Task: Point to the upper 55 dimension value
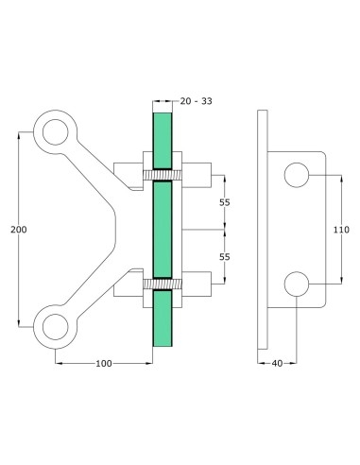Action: tap(225, 201)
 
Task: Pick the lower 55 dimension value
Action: tap(225, 256)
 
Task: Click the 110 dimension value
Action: tap(341, 229)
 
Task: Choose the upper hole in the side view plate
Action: tap(297, 175)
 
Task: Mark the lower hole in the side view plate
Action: tap(297, 283)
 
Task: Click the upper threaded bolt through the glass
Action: tap(162, 175)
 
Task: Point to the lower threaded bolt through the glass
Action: tap(162, 283)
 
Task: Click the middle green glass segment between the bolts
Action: tap(162, 229)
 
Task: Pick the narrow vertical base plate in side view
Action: tap(264, 229)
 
